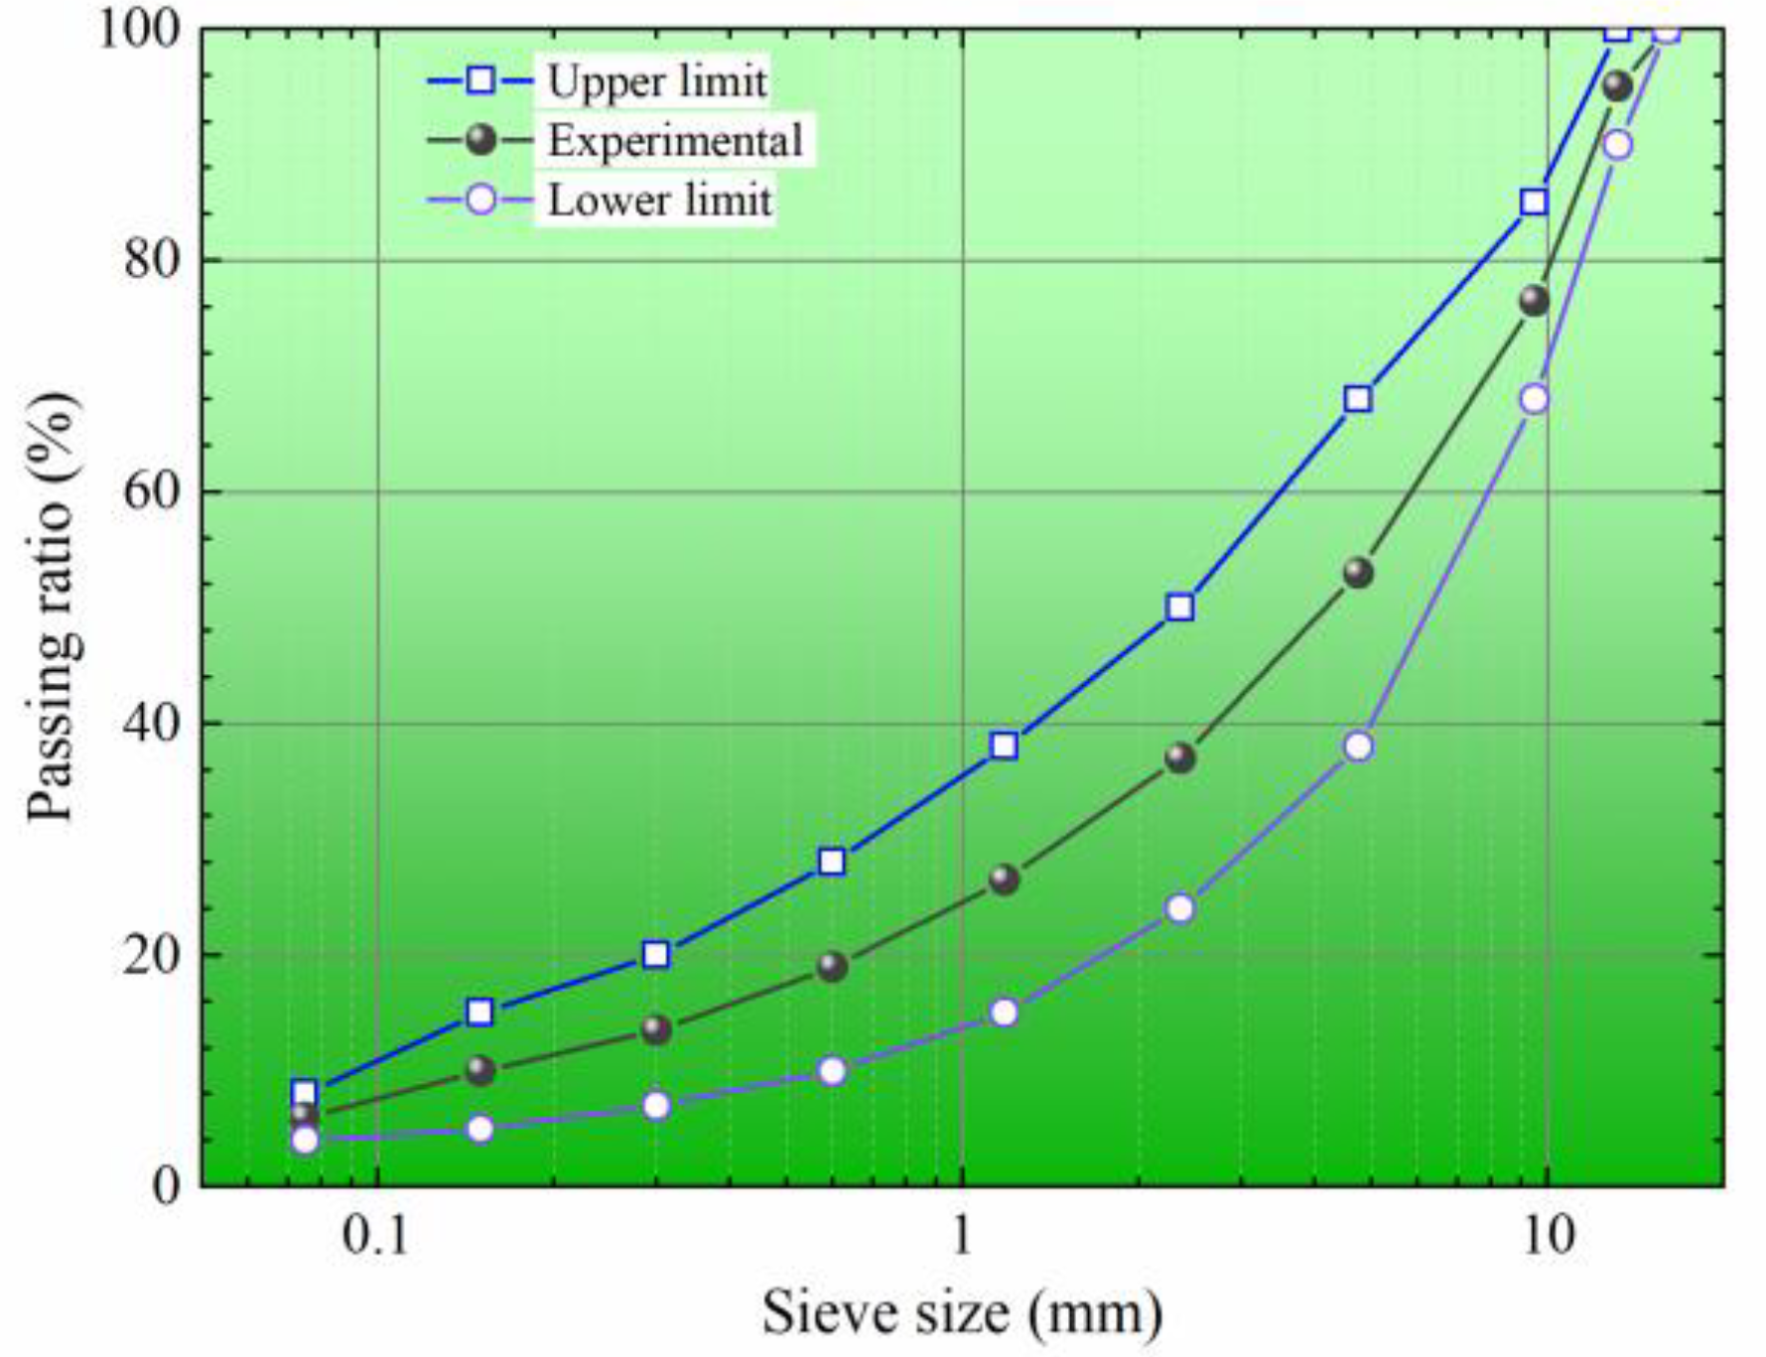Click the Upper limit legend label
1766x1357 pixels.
[x=657, y=81]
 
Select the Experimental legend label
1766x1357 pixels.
[x=675, y=141]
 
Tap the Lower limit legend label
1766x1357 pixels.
[x=659, y=201]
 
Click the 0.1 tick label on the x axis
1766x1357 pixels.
[x=376, y=1238]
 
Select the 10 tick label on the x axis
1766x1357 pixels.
[x=1547, y=1238]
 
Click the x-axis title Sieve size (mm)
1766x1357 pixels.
[x=962, y=1312]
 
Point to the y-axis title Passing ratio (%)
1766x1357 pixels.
[x=52, y=608]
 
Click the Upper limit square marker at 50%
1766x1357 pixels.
[x=1180, y=608]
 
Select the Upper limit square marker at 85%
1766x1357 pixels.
[x=1534, y=203]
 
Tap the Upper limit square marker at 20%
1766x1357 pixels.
[x=656, y=955]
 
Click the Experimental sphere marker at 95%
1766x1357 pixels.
[x=1617, y=86]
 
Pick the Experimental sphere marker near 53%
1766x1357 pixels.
[x=1358, y=573]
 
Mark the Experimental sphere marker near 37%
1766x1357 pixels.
[x=1180, y=758]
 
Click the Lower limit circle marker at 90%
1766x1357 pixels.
[x=1617, y=145]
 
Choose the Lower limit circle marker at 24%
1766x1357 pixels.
[x=1180, y=908]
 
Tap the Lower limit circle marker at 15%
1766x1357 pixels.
[x=1005, y=1013]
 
